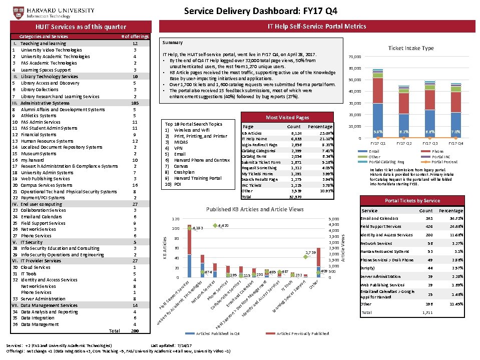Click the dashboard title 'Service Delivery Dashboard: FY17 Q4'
(260, 11)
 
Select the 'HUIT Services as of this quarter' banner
(80, 27)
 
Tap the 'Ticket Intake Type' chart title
(410, 48)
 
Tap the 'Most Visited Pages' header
(287, 117)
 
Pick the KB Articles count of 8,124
(296, 133)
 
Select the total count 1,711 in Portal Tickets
(426, 312)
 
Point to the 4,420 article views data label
(223, 226)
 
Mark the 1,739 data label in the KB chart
(310, 253)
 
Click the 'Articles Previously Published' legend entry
(302, 333)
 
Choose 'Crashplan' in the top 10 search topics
(184, 172)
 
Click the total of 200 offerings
(135, 331)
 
